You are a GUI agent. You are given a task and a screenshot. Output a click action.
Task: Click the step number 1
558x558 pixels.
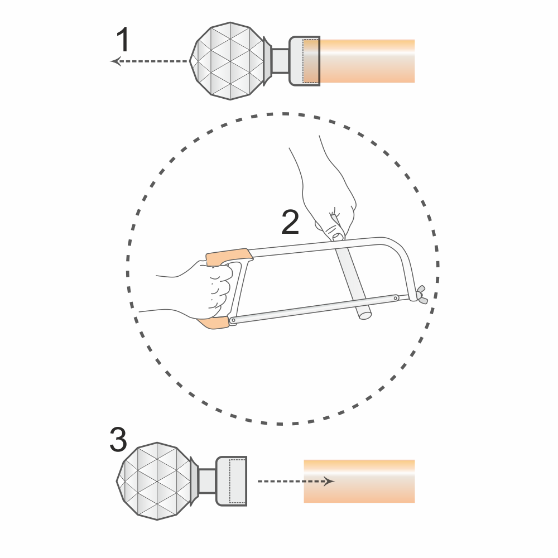point(123,40)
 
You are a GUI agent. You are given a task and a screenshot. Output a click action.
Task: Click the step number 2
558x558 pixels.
point(290,222)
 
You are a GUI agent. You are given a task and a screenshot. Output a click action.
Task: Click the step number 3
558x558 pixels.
point(118,440)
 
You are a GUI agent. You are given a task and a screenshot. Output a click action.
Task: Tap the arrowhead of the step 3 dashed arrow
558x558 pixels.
point(329,481)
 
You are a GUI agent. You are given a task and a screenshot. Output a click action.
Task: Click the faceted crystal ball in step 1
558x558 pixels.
point(229,61)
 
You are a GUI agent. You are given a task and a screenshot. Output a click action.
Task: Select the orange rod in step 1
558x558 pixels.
point(367,61)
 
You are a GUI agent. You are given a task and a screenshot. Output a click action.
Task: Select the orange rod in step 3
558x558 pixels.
point(359,481)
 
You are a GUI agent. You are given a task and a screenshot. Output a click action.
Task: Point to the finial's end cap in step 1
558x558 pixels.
point(305,61)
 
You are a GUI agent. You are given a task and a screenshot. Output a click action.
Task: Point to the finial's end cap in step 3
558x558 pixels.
point(232,481)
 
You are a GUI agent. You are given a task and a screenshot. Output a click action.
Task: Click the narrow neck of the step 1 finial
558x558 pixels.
point(280,61)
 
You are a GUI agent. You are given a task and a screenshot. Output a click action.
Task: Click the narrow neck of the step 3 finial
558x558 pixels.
point(207,481)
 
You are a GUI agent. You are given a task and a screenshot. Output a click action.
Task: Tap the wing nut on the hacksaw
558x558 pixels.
point(422,294)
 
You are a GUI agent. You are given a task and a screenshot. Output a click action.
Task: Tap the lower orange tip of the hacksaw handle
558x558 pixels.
point(214,323)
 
